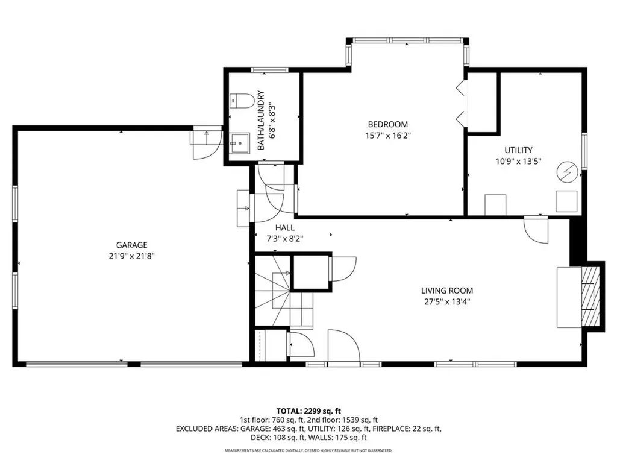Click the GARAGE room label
[x=131, y=245]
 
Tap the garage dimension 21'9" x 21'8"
[x=131, y=256]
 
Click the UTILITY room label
[x=518, y=150]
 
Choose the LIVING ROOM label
[x=446, y=291]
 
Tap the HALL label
[x=284, y=227]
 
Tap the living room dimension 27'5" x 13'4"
[x=446, y=301]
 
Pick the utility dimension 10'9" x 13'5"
[x=518, y=161]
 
